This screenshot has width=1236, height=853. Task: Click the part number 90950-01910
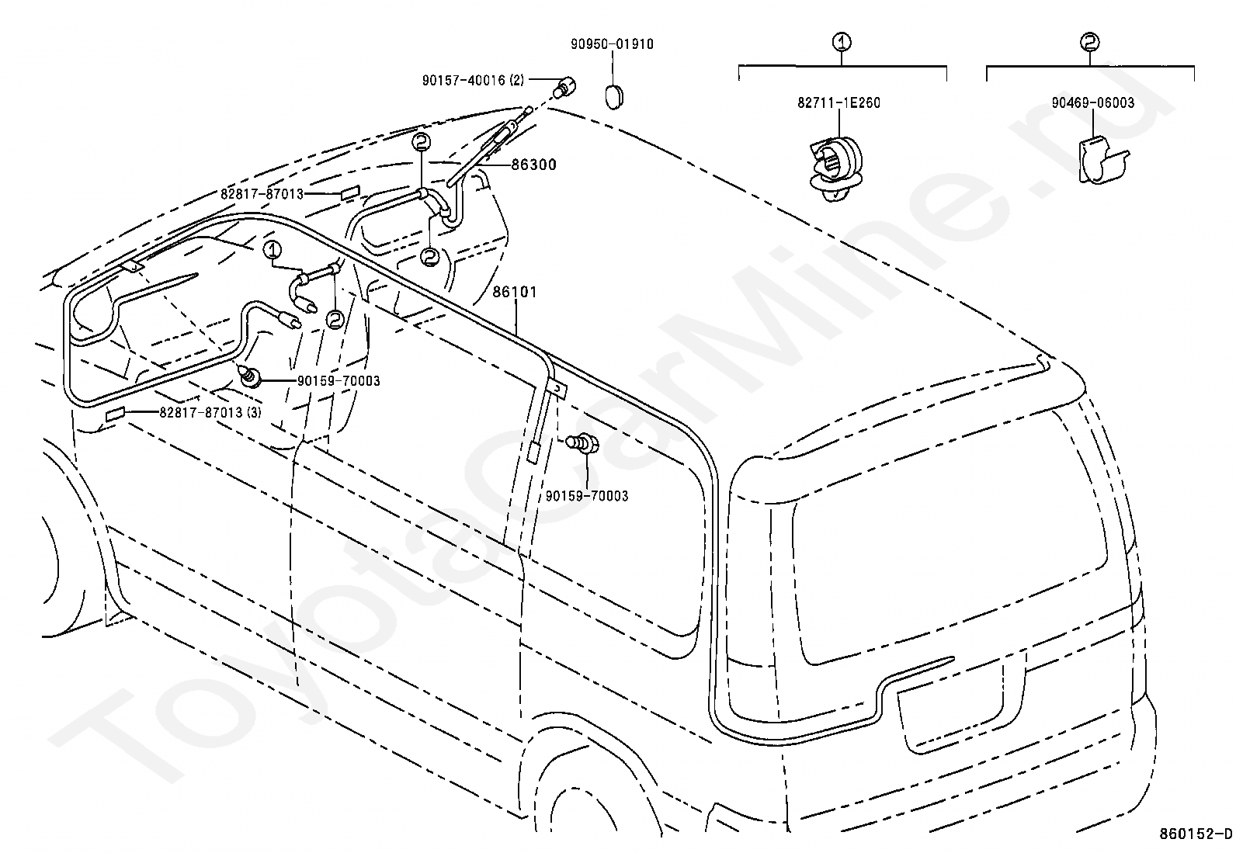coord(612,44)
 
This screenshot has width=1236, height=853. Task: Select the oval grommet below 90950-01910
coord(614,97)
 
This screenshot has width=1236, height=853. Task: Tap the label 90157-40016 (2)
coord(473,81)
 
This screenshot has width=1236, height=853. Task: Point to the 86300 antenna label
coord(533,165)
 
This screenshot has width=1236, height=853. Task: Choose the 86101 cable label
coord(514,292)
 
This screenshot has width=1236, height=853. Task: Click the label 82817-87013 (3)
coord(210,412)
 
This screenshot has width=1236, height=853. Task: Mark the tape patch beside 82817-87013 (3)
coord(116,414)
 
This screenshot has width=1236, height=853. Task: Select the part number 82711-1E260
coord(838,102)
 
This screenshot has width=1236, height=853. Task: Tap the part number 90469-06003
coord(1092,102)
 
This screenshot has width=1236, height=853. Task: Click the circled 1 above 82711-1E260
coord(842,42)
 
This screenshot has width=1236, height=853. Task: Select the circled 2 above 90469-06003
coord(1090,42)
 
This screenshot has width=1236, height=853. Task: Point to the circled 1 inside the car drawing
coord(272,251)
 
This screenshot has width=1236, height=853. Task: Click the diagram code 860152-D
coord(1195,834)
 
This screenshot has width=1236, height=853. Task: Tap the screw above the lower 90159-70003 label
coord(583,442)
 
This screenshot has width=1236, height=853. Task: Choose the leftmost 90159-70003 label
coord(339,380)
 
